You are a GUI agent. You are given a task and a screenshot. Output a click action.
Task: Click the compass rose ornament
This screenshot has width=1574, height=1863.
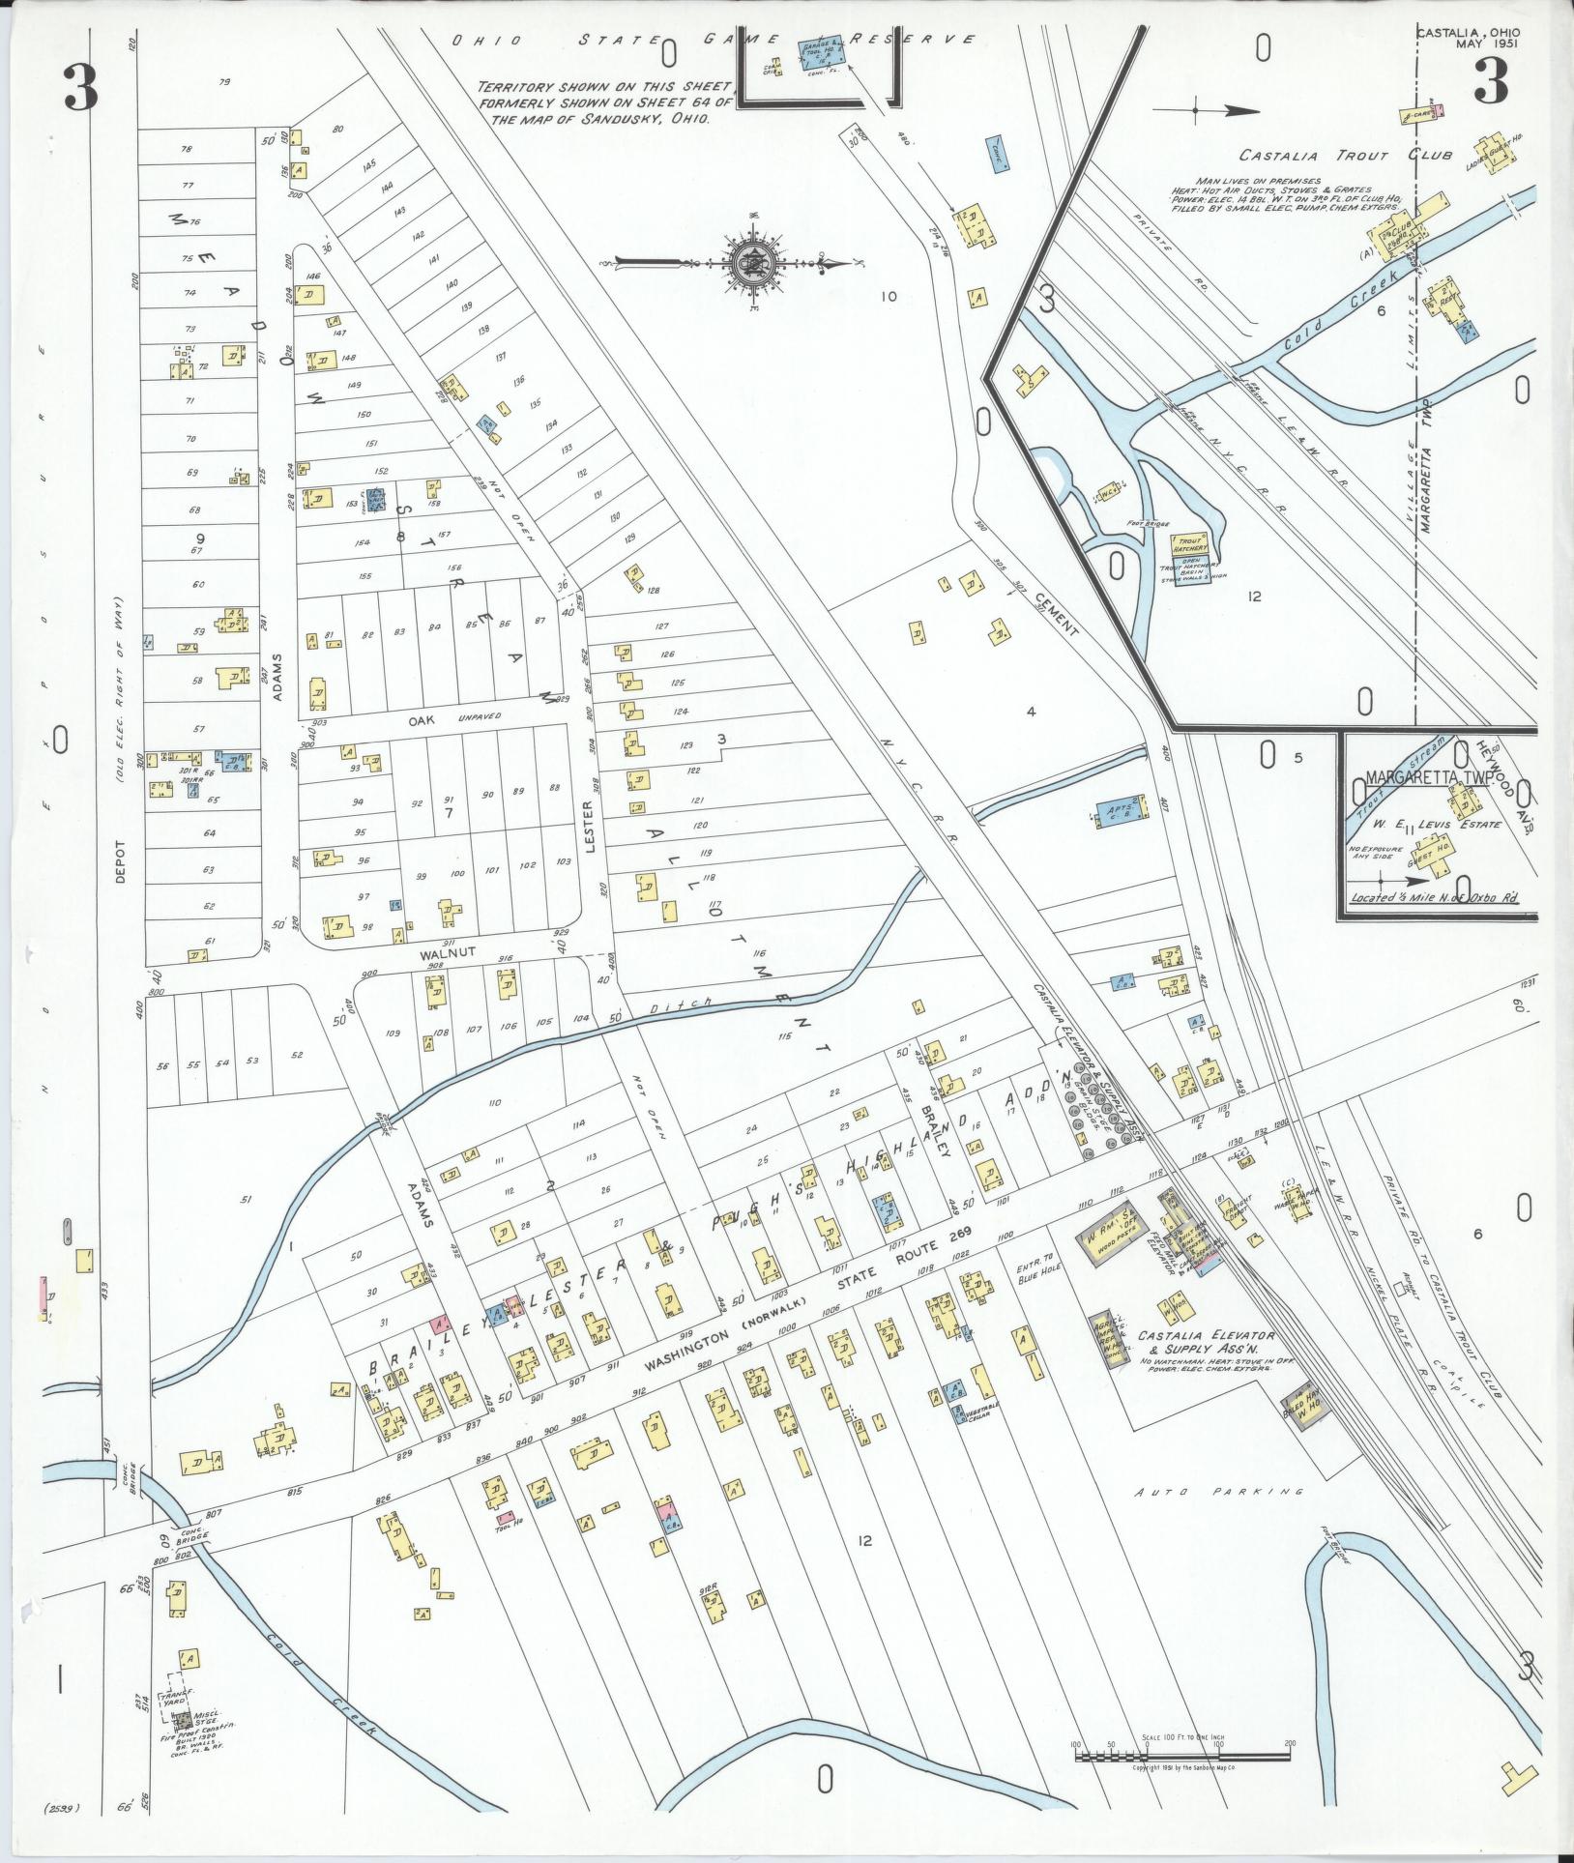751,262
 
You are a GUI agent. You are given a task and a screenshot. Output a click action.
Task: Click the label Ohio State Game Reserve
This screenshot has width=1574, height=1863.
715,41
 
